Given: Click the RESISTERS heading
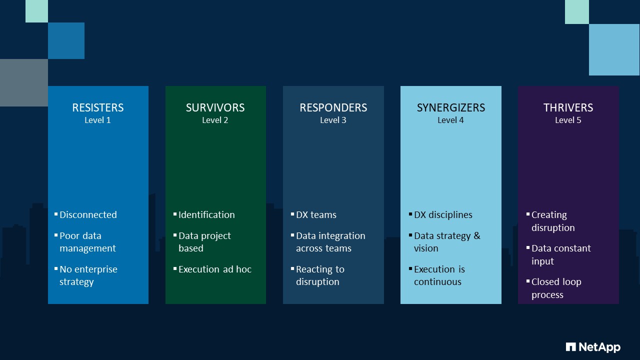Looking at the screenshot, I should (x=98, y=107).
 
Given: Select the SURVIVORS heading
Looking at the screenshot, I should (x=215, y=107).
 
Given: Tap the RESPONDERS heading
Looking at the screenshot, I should (x=333, y=107).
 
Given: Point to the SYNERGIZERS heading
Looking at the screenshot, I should (x=450, y=107).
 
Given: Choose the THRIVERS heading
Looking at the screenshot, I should (x=568, y=107).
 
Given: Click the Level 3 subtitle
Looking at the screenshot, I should (x=333, y=120).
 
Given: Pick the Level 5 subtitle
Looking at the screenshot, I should (x=568, y=120).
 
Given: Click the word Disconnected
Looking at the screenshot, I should (x=88, y=215).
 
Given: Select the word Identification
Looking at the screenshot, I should (x=206, y=215).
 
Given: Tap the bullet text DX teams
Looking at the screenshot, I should (x=316, y=215).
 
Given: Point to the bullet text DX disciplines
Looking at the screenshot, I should (x=443, y=215).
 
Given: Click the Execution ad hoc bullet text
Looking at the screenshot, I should (x=215, y=269).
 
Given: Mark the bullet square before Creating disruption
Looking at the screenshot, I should (x=528, y=214).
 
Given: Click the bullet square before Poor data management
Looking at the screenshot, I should (x=56, y=234).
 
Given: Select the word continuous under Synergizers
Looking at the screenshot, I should (x=437, y=282).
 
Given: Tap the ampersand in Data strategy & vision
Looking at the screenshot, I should (x=476, y=235).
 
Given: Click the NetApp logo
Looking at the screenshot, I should (x=593, y=347).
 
